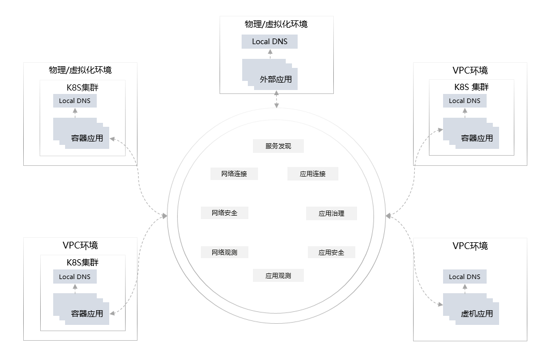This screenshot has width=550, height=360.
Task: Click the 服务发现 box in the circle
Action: (x=278, y=146)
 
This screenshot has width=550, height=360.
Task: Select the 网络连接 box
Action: (x=234, y=174)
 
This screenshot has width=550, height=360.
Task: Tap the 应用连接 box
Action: (x=313, y=174)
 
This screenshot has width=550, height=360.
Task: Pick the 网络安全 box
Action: (x=225, y=213)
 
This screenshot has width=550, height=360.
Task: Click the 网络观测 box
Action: (x=225, y=252)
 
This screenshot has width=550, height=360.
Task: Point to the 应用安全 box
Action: (x=332, y=252)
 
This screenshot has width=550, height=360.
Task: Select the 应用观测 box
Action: (x=278, y=276)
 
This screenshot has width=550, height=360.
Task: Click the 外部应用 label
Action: (x=276, y=79)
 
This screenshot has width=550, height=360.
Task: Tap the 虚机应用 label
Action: (x=477, y=313)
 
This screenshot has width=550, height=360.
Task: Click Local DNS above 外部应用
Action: (x=269, y=41)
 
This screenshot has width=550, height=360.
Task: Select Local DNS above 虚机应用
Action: (x=465, y=277)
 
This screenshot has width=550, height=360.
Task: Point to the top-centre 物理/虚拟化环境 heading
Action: (x=276, y=24)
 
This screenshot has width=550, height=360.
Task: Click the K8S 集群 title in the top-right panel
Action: (x=471, y=87)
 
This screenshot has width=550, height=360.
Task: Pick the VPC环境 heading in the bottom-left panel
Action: (x=80, y=246)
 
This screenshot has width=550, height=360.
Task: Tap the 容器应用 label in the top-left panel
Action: (x=87, y=138)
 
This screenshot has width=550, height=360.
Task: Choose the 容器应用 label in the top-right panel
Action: (x=477, y=138)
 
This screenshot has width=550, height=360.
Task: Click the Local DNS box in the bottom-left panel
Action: (x=75, y=277)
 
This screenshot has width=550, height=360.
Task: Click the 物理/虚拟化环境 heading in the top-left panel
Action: (x=80, y=70)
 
